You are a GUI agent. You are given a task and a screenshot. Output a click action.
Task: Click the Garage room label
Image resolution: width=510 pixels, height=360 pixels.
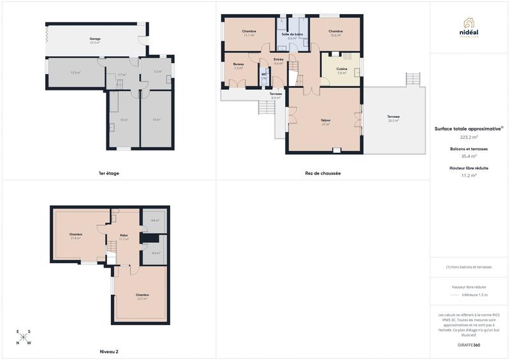[95, 40]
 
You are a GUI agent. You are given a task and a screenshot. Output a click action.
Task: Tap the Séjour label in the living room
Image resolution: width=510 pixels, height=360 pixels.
[325, 119]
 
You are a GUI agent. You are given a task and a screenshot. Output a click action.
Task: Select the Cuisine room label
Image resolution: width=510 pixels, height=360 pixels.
[342, 69]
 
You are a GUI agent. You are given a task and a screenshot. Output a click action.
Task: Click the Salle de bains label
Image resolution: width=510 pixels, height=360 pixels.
[292, 34]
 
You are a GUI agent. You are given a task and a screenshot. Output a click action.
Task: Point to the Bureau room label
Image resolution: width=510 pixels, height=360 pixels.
[238, 64]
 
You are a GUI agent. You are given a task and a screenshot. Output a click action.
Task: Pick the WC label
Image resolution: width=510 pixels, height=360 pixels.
[264, 75]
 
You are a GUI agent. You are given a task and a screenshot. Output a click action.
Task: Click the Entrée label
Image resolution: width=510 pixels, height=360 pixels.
[279, 59]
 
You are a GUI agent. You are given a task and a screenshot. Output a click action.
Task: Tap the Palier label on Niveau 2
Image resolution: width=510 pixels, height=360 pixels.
[124, 236]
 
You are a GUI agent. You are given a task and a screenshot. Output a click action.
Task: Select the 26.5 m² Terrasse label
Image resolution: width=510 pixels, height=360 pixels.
[393, 117]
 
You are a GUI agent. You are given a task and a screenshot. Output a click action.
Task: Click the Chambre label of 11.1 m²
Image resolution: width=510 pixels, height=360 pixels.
[249, 31]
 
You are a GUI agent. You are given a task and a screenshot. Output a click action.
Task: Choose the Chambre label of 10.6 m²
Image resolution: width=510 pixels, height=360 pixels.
[335, 31]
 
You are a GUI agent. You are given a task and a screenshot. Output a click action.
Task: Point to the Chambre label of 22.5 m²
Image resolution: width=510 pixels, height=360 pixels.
[142, 295]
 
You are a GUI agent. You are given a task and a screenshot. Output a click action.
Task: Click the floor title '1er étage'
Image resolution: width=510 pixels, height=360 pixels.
[108, 173]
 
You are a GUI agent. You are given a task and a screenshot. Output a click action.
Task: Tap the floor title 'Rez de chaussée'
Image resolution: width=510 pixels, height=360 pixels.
[323, 173]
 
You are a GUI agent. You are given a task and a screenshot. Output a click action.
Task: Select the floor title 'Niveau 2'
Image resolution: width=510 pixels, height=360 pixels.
[109, 352]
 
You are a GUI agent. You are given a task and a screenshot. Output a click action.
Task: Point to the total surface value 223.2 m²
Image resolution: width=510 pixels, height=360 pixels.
[469, 137]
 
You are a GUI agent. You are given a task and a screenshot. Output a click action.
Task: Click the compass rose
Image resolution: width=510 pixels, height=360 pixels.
[24, 337]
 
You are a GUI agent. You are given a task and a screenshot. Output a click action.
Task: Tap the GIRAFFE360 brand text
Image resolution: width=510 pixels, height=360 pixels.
[469, 345]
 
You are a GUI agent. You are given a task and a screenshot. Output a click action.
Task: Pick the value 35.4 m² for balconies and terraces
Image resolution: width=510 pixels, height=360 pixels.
[469, 156]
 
